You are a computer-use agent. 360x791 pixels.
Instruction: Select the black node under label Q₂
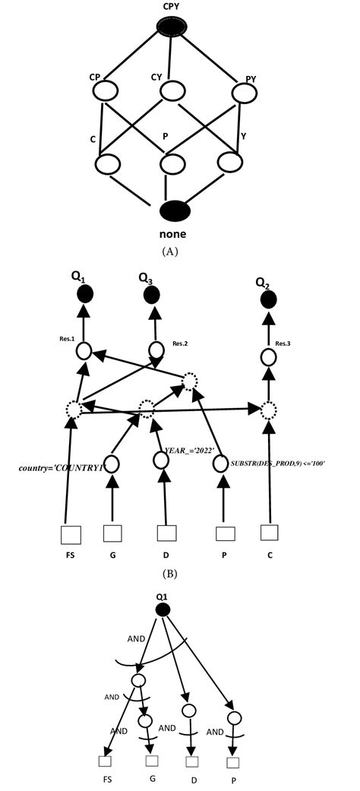pos(267,301)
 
